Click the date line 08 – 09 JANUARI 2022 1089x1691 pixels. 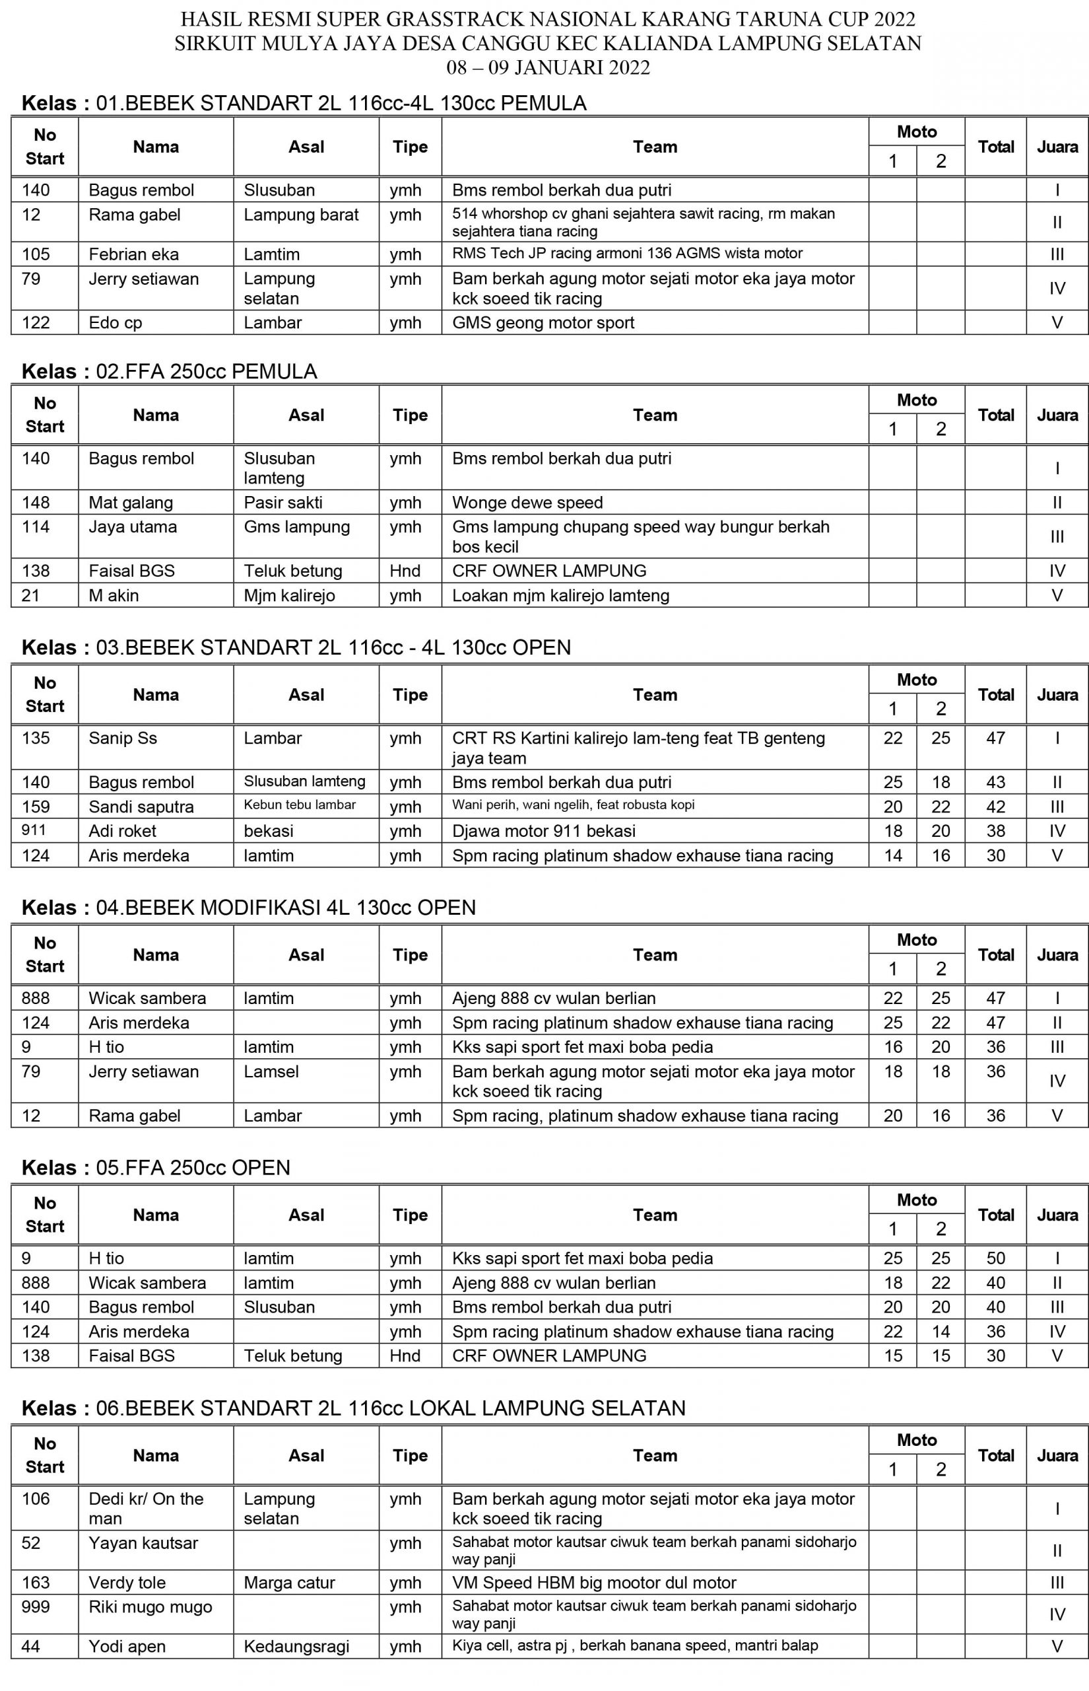(x=548, y=68)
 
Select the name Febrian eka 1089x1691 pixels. (x=133, y=254)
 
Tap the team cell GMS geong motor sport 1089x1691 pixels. (x=543, y=322)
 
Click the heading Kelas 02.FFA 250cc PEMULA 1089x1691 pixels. (x=170, y=371)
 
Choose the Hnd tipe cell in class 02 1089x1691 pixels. (x=405, y=570)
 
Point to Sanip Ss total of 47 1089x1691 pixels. (x=996, y=738)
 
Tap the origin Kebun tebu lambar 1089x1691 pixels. (x=300, y=805)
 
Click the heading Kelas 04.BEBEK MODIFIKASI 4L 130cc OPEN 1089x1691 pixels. (x=249, y=908)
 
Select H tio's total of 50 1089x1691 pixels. (x=996, y=1258)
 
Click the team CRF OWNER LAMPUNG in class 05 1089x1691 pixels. (x=549, y=1355)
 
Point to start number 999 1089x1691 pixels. (x=36, y=1607)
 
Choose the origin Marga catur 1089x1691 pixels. (x=289, y=1583)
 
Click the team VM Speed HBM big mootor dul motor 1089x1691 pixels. (x=594, y=1583)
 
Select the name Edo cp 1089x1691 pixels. (x=115, y=322)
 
